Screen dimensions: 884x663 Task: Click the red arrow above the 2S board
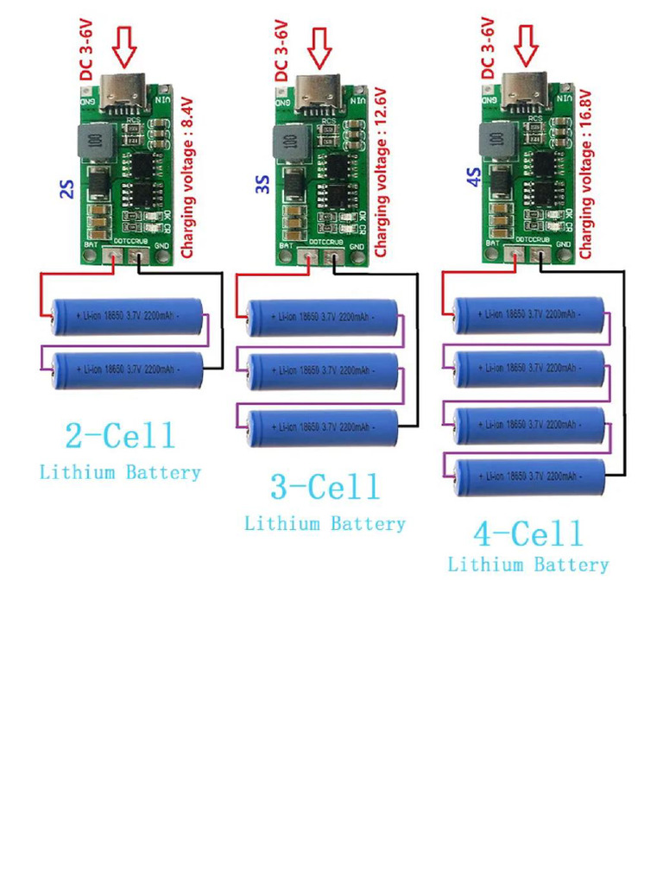(125, 48)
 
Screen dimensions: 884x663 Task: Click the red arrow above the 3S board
(321, 48)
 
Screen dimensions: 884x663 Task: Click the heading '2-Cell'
(120, 435)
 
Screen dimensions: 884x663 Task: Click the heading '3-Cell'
(325, 487)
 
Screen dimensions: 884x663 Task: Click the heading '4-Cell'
(528, 534)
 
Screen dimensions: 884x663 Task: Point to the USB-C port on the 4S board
(526, 86)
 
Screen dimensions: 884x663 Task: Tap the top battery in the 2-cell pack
(127, 318)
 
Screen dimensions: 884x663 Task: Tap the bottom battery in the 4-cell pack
(528, 477)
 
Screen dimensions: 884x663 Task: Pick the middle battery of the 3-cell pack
(323, 371)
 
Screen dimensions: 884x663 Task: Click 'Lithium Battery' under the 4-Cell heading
(528, 565)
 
